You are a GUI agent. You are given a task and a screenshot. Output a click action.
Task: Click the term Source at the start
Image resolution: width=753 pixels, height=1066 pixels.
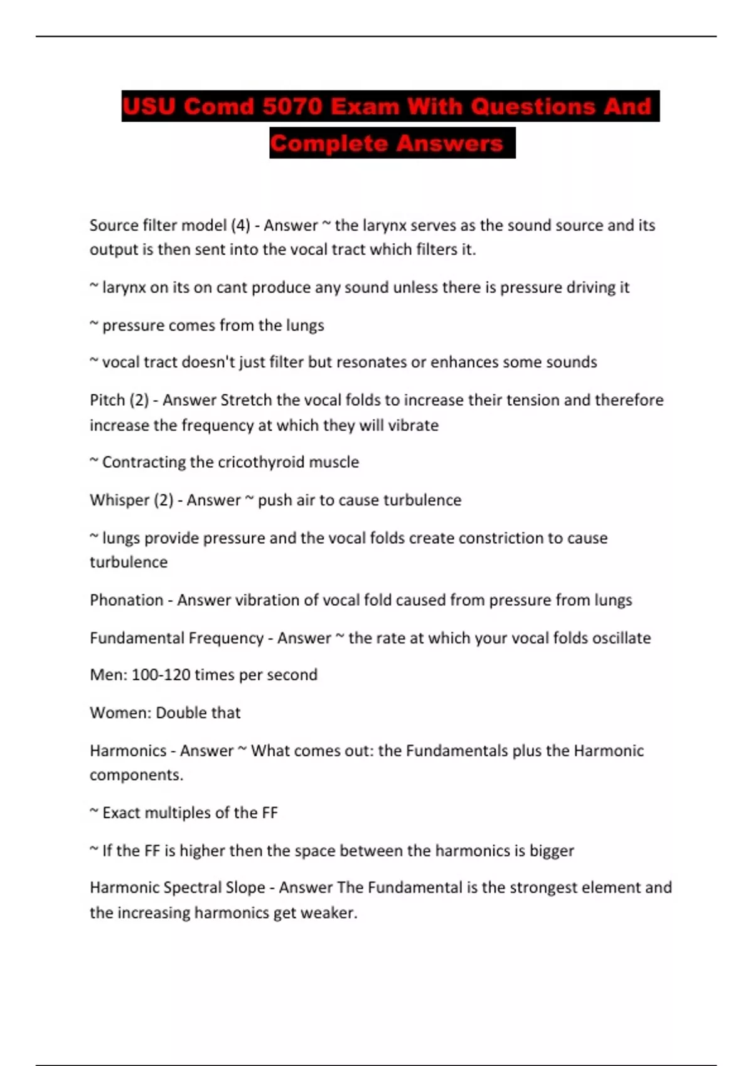(114, 225)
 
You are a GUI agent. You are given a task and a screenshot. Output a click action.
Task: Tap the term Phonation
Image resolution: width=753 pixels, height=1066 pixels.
(126, 600)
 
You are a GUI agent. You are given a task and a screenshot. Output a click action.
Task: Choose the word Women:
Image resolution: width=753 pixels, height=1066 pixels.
(120, 712)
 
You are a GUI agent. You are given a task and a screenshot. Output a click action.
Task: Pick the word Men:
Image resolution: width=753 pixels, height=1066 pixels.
(109, 675)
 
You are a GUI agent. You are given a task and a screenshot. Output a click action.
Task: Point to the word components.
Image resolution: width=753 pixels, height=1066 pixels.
(136, 775)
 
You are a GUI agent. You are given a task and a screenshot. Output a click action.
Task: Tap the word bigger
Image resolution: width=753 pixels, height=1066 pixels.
(552, 851)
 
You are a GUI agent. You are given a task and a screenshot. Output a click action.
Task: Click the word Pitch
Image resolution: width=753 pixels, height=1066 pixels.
(107, 400)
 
